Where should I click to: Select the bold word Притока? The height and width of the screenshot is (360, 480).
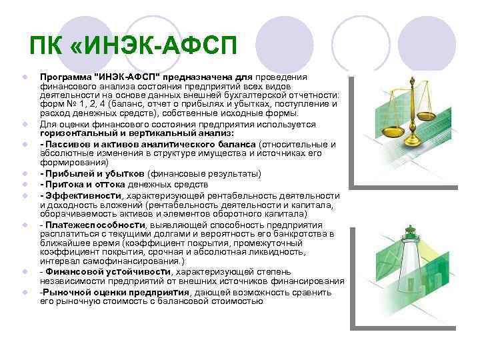coord(65,184)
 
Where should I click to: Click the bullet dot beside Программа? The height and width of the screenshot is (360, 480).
coord(23,77)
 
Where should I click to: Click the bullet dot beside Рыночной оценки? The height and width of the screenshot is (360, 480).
coord(23,292)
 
